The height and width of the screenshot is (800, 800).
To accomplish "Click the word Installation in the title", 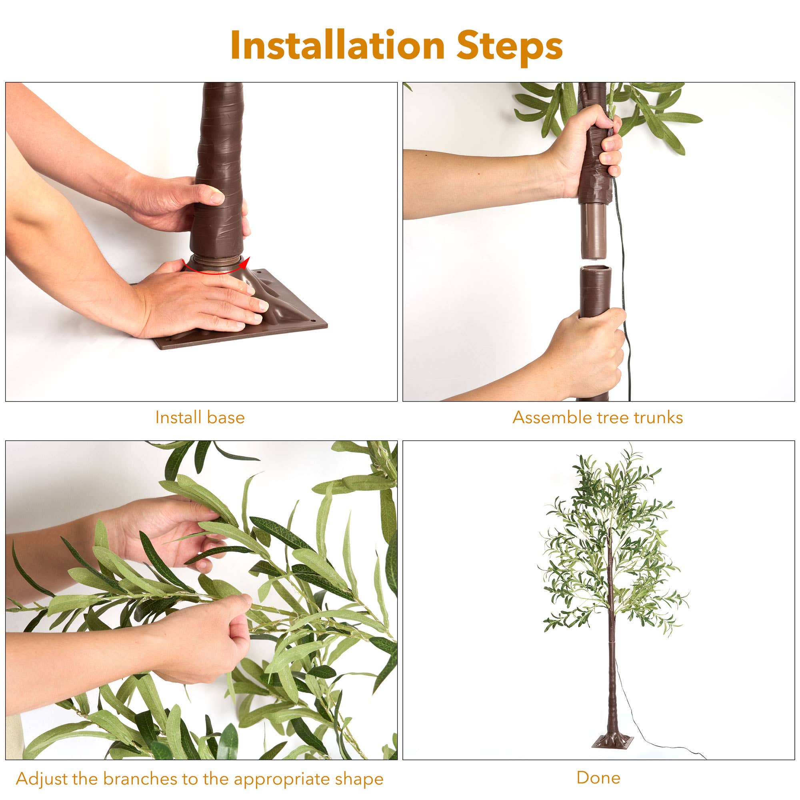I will (338, 45).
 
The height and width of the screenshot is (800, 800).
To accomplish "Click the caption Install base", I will (200, 417).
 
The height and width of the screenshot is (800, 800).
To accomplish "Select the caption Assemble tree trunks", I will (598, 417).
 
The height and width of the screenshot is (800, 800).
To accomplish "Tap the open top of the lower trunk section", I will (596, 270).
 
